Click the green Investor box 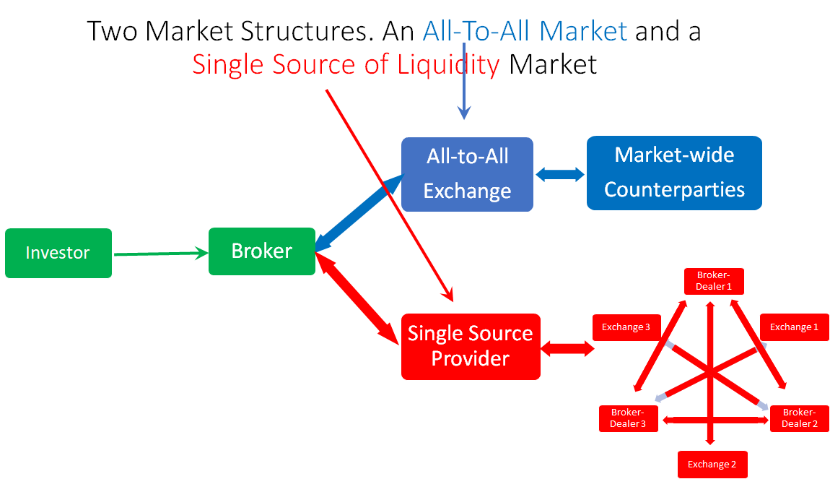[x=58, y=253]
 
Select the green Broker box [x=261, y=251]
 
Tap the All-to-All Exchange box [x=467, y=174]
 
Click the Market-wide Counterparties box [x=674, y=173]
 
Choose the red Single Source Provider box [x=471, y=346]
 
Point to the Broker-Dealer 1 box [x=714, y=281]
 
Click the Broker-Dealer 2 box [x=799, y=418]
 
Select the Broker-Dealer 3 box [x=628, y=418]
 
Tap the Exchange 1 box [x=794, y=327]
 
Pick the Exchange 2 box [x=712, y=464]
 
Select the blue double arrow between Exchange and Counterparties [x=560, y=174]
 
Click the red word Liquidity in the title [x=448, y=64]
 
